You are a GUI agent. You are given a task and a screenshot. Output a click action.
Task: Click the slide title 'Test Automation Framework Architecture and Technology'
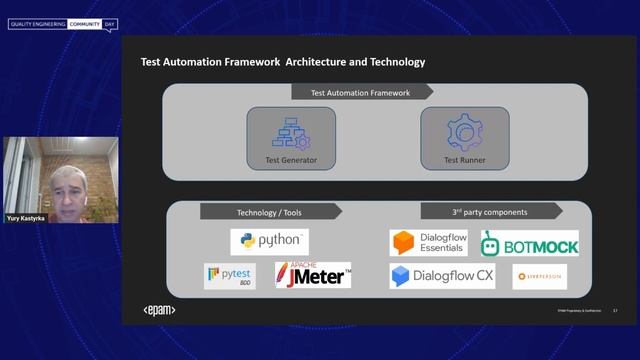[x=283, y=62]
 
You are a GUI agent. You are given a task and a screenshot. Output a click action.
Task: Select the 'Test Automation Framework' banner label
[x=360, y=93]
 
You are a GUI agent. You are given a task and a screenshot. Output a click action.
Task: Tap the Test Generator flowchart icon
[x=291, y=132]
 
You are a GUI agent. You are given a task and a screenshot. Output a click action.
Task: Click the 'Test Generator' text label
[x=291, y=160]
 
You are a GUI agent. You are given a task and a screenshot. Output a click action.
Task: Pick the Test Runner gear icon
[x=464, y=132]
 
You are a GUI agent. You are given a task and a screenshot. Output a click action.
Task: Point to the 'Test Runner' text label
[x=464, y=160]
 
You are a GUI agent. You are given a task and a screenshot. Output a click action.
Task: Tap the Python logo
[x=270, y=242]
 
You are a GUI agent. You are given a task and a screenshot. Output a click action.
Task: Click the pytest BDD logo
[x=229, y=276]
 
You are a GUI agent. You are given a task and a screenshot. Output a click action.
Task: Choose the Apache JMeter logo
[x=313, y=275]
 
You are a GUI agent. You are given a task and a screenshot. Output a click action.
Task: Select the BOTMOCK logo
[x=529, y=243]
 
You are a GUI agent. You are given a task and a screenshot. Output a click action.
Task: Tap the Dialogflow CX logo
[x=442, y=276]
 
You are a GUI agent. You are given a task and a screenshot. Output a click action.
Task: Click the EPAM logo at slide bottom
[x=160, y=310]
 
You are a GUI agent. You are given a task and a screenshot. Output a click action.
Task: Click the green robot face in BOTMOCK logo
[x=492, y=244]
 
